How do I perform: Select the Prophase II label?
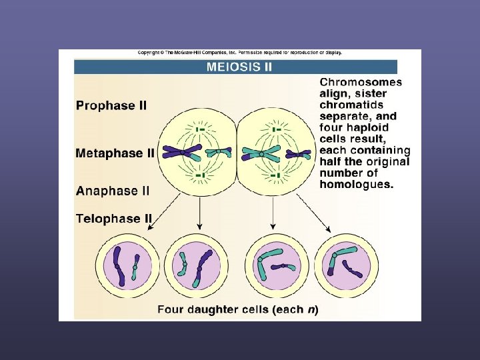click(111, 105)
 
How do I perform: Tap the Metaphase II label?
click(115, 153)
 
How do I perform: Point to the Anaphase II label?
click(113, 191)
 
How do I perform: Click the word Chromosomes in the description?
click(361, 83)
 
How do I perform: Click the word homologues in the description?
click(357, 184)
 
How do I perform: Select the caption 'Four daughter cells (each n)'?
click(238, 309)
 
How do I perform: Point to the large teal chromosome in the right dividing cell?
click(261, 153)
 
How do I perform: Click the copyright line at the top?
click(239, 53)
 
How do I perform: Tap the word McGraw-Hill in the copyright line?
click(197, 53)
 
